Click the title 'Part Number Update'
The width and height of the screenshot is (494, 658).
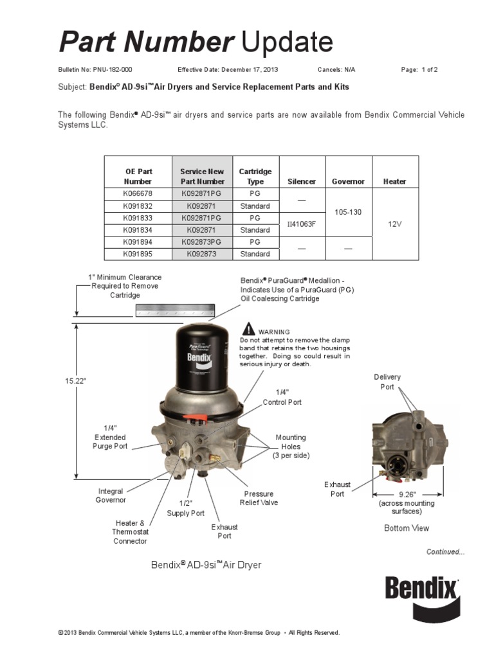[x=196, y=42]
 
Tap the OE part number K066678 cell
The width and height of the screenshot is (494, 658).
[x=138, y=194]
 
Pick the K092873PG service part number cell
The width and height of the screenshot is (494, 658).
[x=201, y=242]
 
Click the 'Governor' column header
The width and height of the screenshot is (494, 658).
[x=348, y=181]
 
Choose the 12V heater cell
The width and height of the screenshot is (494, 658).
[x=395, y=224]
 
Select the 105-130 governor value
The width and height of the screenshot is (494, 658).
[x=348, y=212]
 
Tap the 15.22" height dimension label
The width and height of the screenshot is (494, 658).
[x=75, y=381]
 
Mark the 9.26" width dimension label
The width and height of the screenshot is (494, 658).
[x=407, y=495]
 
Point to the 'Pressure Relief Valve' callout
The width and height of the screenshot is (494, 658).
[x=259, y=498]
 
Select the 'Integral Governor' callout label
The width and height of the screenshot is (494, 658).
[x=111, y=495]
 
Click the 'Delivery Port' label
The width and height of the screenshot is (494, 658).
[x=387, y=382]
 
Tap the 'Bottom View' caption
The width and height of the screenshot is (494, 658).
[x=407, y=528]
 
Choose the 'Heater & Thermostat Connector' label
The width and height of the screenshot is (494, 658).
[x=130, y=532]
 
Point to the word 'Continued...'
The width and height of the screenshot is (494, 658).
[x=445, y=551]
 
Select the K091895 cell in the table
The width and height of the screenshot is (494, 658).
[x=138, y=254]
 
